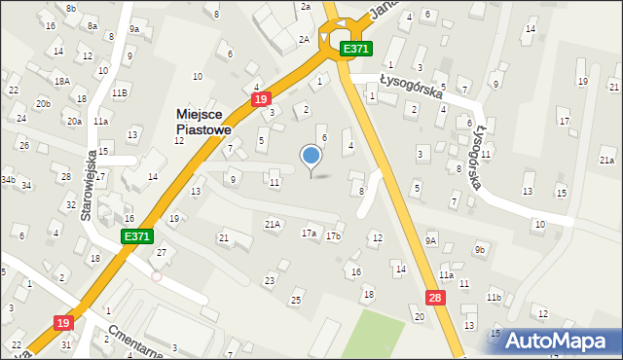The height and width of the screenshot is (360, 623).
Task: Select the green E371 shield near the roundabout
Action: (x=355, y=49)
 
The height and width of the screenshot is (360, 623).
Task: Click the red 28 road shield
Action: (x=435, y=298)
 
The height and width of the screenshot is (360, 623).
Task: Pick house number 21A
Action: (x=274, y=224)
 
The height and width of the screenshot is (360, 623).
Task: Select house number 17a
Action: (x=310, y=234)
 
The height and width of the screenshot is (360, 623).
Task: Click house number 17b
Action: (x=334, y=235)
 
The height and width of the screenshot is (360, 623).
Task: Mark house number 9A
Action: (x=431, y=239)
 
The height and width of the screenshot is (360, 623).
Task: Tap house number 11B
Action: (x=119, y=92)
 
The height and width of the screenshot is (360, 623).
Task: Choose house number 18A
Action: (x=62, y=81)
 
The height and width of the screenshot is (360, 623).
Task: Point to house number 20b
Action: (x=43, y=103)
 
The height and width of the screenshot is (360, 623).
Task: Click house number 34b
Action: (x=7, y=180)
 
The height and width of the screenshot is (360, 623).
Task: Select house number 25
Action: (x=296, y=301)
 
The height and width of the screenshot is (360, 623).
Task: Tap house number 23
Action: (x=270, y=280)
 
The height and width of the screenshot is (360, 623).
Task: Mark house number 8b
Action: (x=71, y=8)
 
